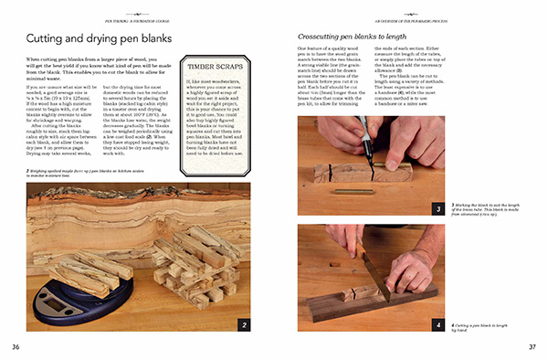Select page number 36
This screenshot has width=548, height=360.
tap(16, 346)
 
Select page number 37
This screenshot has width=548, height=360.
tap(532, 346)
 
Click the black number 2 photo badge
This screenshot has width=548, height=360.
tap(244, 323)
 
